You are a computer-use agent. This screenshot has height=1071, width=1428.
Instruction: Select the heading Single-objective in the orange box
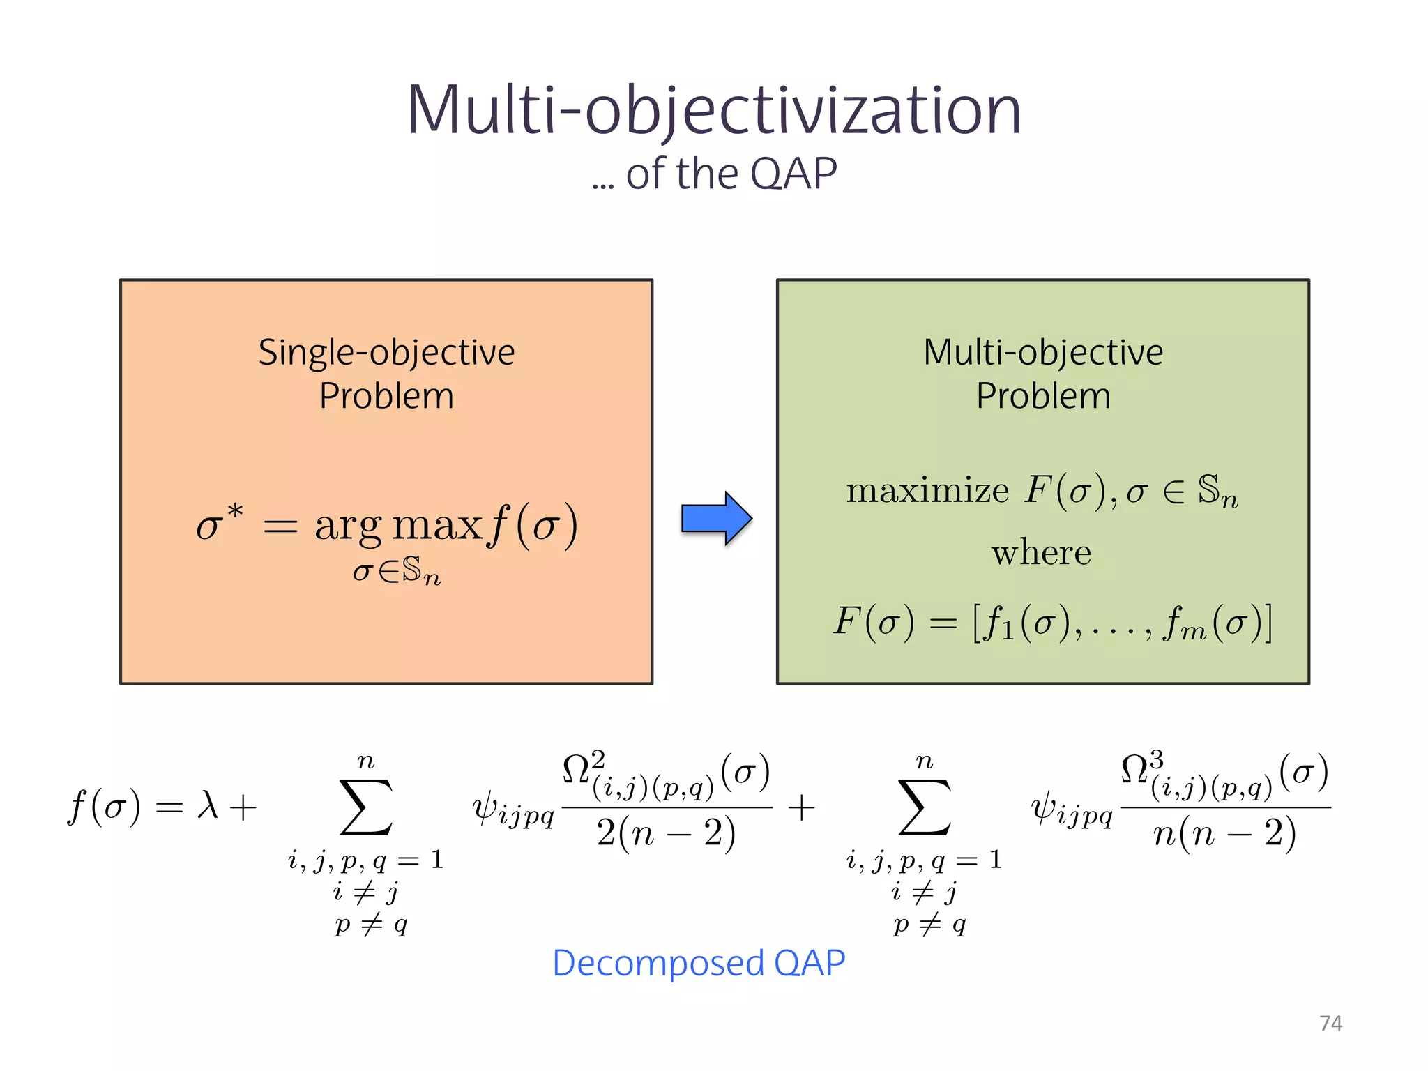tap(386, 353)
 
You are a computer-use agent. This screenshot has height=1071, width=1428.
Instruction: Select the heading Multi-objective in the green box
tap(1043, 353)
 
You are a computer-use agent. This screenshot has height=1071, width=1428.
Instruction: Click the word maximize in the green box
tap(927, 490)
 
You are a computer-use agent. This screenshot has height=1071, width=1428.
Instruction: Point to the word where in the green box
tap(1041, 553)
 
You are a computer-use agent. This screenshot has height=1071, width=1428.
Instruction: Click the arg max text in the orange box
tap(398, 524)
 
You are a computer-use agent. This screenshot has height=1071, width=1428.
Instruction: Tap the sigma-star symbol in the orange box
tap(218, 523)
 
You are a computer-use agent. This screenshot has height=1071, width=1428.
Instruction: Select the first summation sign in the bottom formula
tap(366, 807)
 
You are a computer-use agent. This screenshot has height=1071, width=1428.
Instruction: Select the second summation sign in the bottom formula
tap(925, 807)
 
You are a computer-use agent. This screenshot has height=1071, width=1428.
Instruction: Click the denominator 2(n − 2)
tap(666, 833)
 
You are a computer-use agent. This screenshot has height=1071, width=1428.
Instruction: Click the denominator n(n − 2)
tap(1224, 833)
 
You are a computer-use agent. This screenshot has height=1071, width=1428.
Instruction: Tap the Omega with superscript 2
tap(583, 769)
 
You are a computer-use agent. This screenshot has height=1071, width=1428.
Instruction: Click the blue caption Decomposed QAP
tap(699, 964)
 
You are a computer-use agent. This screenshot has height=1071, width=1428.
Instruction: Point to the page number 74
tap(1330, 1023)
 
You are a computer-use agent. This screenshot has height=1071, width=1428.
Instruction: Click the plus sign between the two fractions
tap(801, 807)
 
